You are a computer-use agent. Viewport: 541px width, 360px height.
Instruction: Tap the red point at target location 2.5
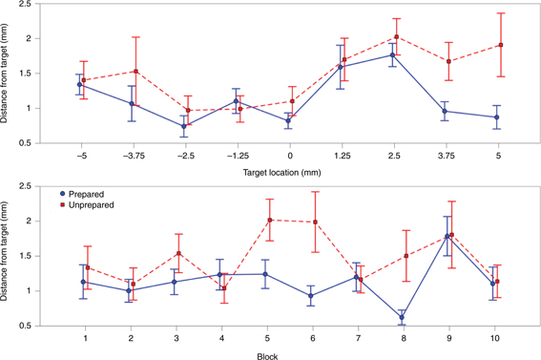396,37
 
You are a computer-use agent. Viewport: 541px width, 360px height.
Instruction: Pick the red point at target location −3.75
136,71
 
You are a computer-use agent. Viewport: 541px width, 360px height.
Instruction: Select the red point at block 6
315,222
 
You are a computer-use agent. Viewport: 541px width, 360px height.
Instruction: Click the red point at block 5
270,220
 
